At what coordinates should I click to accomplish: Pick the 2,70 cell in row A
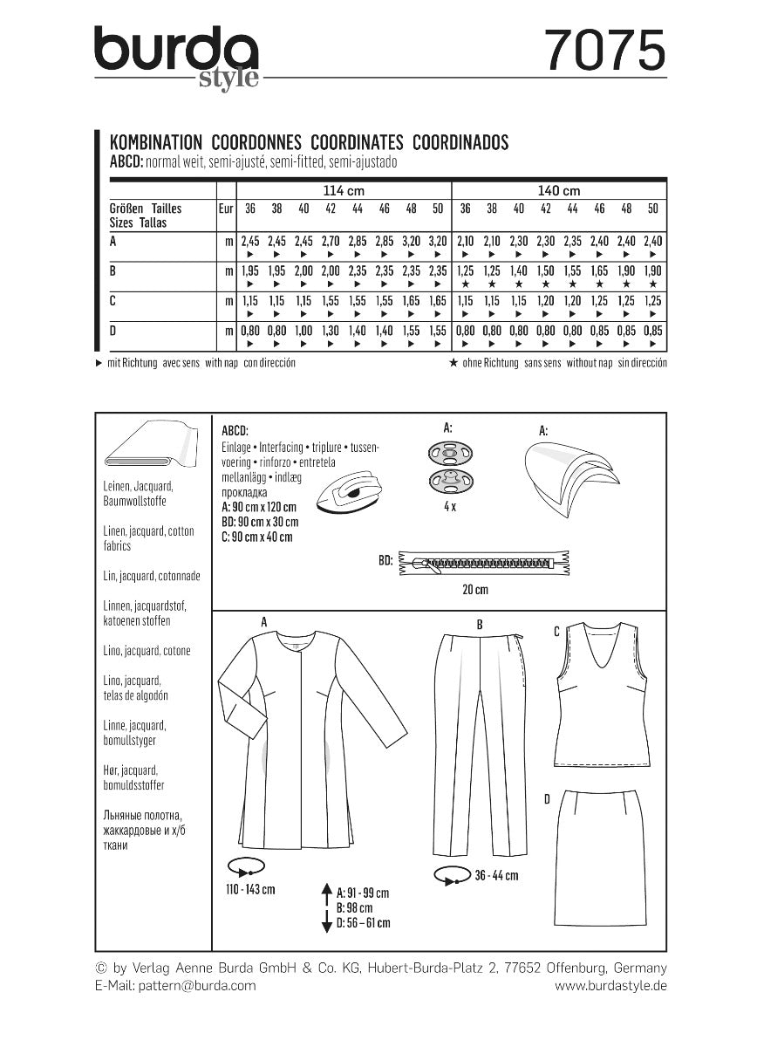pos(331,240)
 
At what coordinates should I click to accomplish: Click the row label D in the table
pos(114,331)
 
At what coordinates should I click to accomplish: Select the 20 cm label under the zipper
pos(475,591)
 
